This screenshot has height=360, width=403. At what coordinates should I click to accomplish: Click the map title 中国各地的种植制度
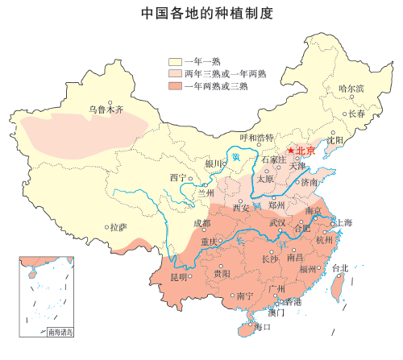pos(201,14)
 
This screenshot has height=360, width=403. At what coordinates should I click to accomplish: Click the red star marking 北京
pos(290,151)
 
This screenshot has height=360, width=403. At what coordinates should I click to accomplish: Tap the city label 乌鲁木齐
pos(106,110)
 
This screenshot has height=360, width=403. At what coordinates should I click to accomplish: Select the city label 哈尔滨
pos(351,88)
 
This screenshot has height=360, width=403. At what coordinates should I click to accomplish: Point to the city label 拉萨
pos(118,227)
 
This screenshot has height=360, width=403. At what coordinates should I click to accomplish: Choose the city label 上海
pos(343,222)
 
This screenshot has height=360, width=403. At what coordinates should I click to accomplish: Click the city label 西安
pos(241,208)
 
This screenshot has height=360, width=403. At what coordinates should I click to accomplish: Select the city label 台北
pos(340,268)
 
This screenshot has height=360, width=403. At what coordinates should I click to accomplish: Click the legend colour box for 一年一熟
pos(175,61)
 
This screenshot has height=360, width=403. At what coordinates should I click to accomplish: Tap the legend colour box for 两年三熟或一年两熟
pos(175,73)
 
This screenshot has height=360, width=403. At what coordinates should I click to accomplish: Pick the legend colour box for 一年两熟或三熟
pos(175,85)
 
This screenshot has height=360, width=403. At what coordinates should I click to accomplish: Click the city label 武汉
pos(277,222)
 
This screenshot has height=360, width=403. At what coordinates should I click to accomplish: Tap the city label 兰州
pos(206,193)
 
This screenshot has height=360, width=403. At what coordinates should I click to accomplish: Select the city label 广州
pos(276,288)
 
